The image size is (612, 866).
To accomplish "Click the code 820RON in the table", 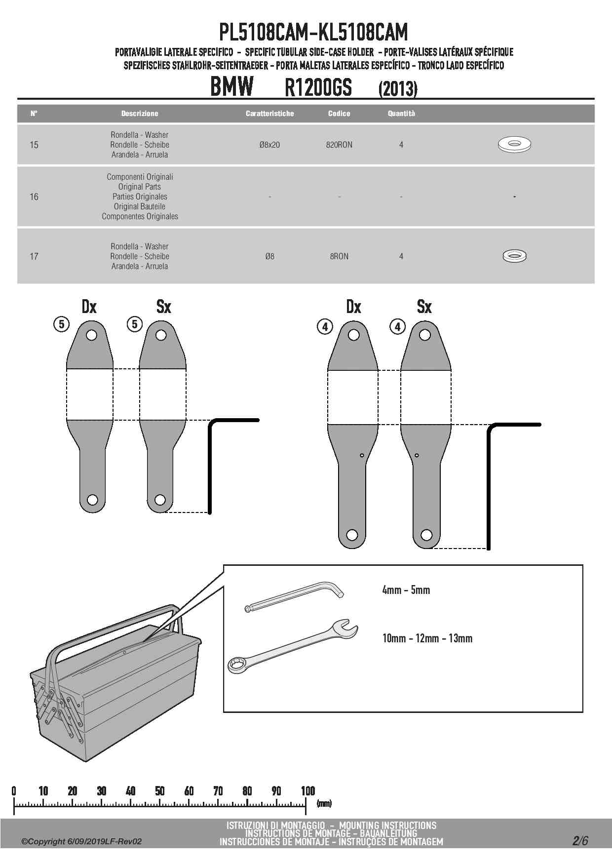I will [339, 145].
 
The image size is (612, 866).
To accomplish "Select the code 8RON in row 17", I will [339, 256].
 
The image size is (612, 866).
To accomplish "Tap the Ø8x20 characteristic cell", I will [269, 145].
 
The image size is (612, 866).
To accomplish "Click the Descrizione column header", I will [140, 114].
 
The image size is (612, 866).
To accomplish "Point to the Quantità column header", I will [401, 114].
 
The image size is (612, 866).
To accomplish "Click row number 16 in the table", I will [34, 197].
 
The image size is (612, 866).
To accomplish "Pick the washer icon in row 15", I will [514, 144].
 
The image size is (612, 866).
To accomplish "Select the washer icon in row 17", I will [514, 256].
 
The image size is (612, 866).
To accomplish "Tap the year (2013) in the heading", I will [398, 89].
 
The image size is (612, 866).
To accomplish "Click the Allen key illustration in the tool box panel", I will [294, 596].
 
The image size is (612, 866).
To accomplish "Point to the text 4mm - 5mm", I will [406, 590].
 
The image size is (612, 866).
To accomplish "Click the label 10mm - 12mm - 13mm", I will [427, 638].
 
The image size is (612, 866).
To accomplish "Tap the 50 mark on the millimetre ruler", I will [159, 791].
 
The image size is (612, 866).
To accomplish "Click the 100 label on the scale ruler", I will [308, 791].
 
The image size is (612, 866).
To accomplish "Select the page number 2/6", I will [580, 840].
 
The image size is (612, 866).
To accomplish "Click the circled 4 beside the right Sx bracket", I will [398, 326].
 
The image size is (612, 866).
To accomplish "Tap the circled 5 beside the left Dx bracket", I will [61, 324].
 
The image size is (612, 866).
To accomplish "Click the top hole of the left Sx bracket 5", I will [161, 335].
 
